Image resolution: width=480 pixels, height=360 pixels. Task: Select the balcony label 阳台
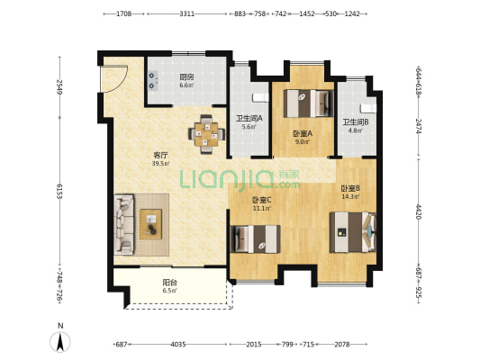pyautogui.click(x=170, y=283)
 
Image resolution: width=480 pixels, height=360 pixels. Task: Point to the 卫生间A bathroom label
pyautogui.click(x=249, y=118)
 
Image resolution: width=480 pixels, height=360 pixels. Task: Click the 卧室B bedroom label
pyautogui.click(x=350, y=188)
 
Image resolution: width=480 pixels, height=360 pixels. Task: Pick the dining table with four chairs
pyautogui.click(x=206, y=134)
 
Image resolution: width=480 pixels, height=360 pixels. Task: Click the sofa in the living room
pyautogui.click(x=124, y=224)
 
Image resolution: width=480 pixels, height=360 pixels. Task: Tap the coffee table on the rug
pyautogui.click(x=151, y=224)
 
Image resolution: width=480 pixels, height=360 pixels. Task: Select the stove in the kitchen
pyautogui.click(x=153, y=81)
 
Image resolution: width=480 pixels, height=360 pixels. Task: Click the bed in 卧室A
pyautogui.click(x=308, y=103)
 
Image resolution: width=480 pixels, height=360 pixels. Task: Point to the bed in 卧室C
pyautogui.click(x=255, y=239)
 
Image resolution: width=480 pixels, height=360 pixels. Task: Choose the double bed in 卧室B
pyautogui.click(x=353, y=232)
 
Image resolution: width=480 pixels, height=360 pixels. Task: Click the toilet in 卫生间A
pyautogui.click(x=260, y=97)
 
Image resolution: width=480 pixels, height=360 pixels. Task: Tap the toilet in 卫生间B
pyautogui.click(x=368, y=108)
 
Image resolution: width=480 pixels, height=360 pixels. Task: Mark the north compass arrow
pyautogui.click(x=60, y=341)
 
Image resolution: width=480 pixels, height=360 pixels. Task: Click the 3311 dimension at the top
pyautogui.click(x=186, y=13)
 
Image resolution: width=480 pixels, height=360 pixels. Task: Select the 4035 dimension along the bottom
pyautogui.click(x=178, y=345)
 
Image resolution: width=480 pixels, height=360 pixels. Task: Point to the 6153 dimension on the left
pyautogui.click(x=59, y=192)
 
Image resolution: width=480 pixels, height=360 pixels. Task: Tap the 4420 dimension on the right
pyautogui.click(x=419, y=211)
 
